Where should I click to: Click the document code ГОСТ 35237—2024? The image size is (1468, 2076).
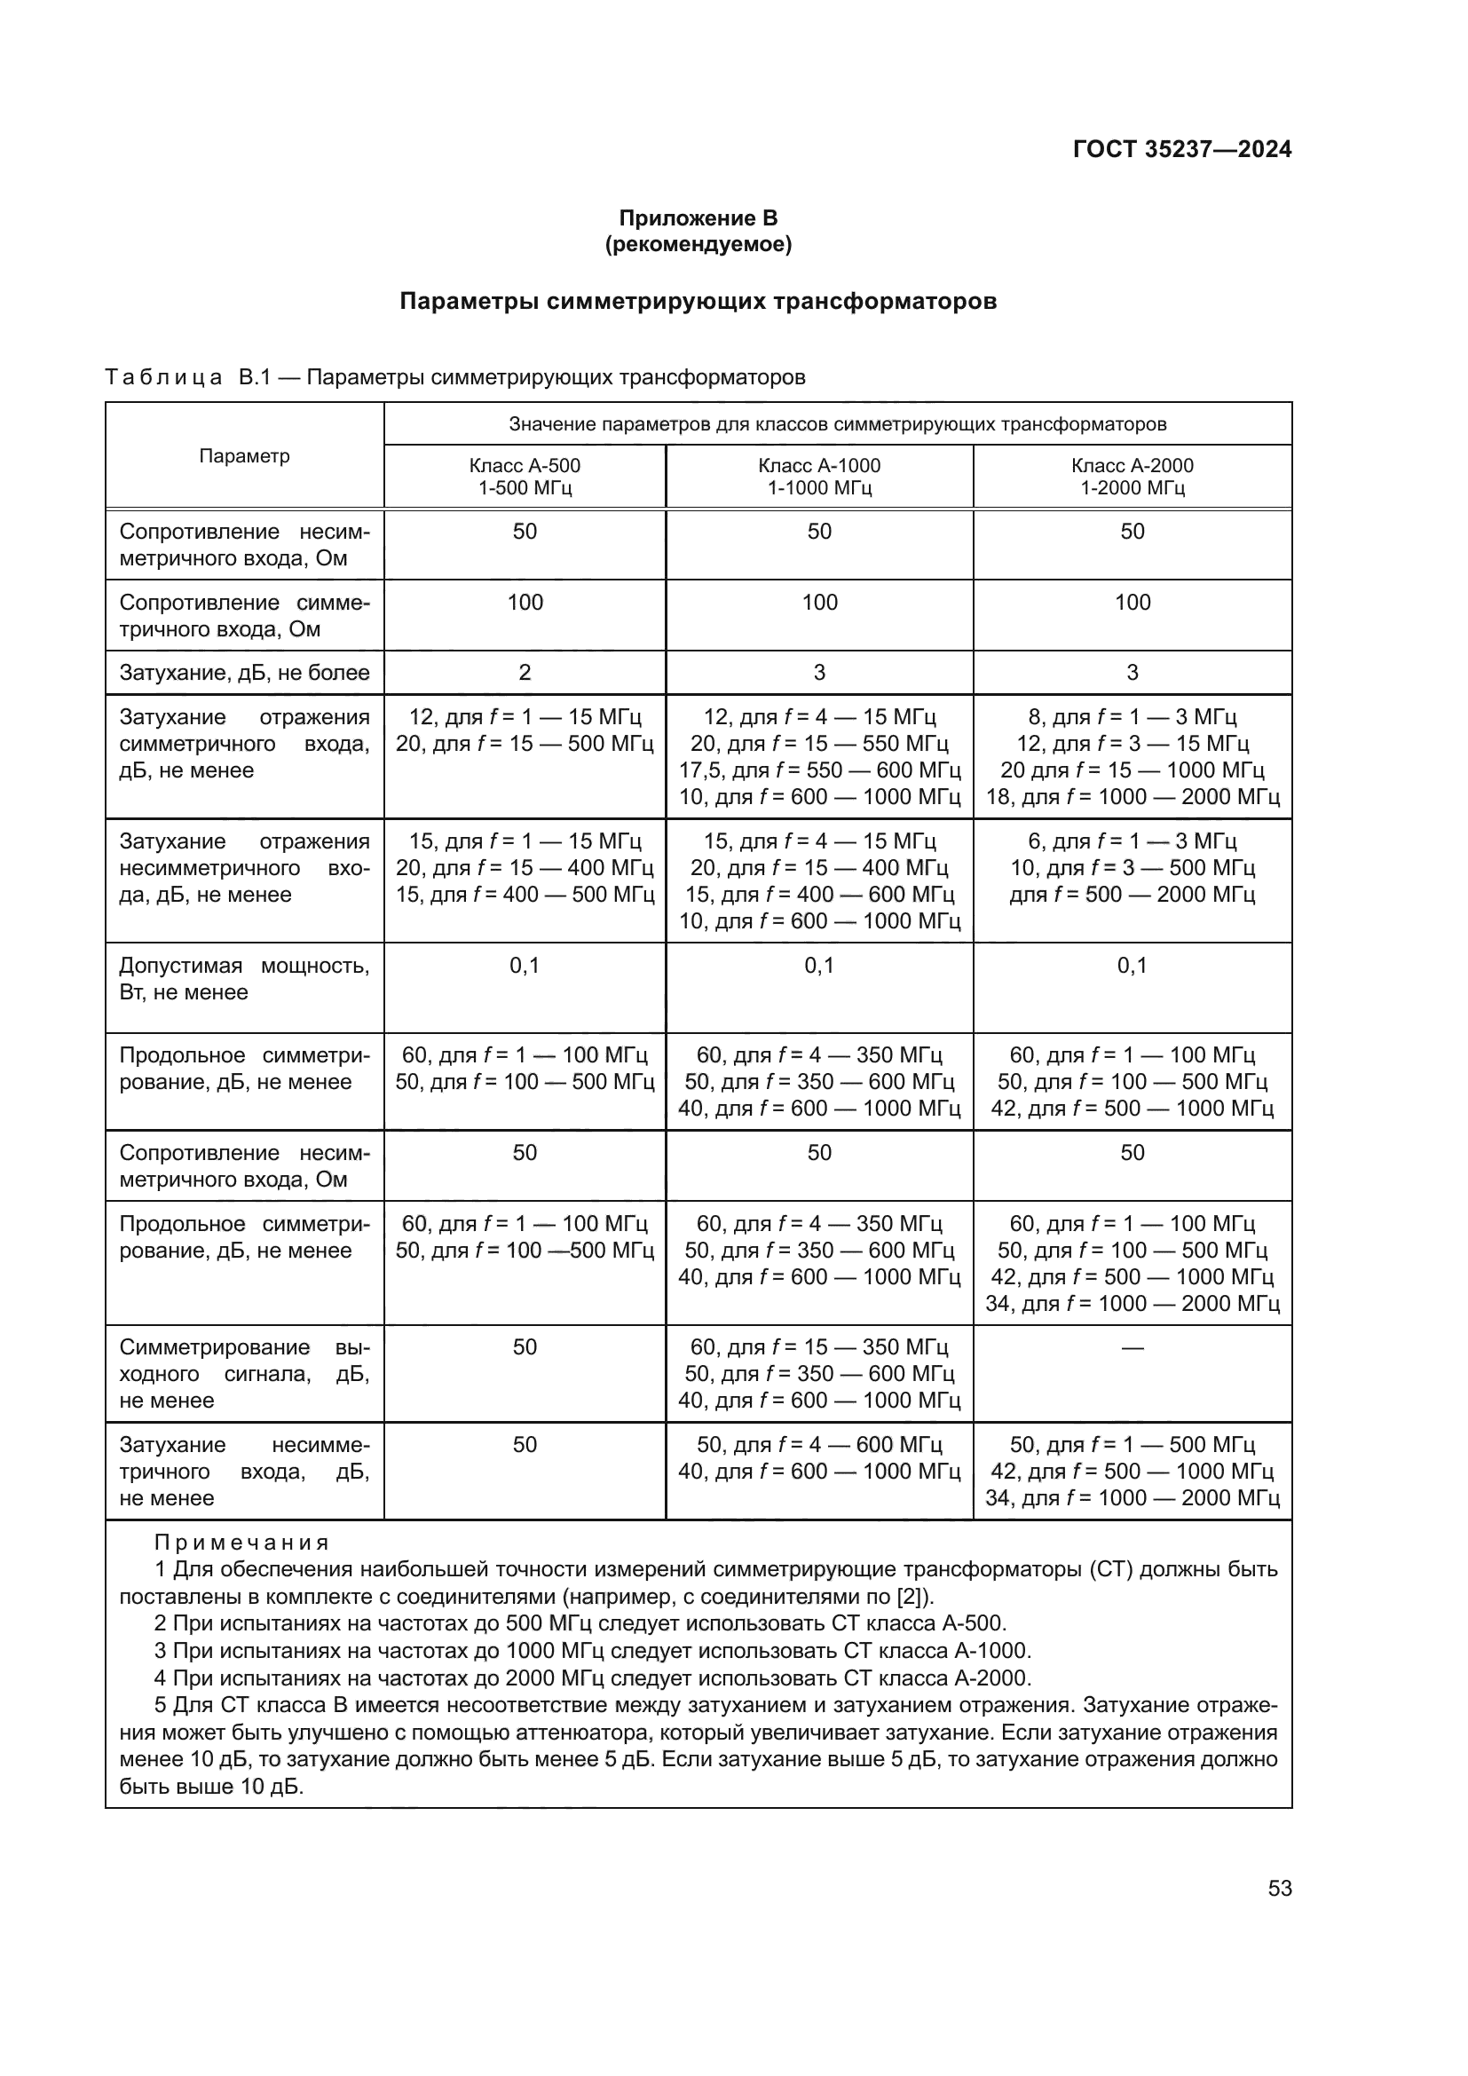1181,149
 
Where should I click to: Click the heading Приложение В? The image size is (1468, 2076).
698,218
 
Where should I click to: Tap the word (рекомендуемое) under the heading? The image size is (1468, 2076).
698,244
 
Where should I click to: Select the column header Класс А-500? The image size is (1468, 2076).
525,466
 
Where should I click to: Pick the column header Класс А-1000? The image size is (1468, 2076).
819,466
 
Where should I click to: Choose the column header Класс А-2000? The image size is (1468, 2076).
1132,466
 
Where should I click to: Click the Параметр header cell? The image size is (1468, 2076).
244,455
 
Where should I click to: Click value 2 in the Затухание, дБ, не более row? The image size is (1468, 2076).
525,673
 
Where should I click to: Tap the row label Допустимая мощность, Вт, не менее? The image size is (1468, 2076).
244,978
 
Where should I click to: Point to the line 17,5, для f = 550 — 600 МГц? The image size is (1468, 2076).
819,770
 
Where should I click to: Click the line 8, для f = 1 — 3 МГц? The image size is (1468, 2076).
1132,717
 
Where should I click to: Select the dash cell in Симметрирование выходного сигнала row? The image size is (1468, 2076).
1132,1347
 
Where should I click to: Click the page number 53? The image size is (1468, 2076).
1279,1889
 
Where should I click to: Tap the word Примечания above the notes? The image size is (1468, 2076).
241,1543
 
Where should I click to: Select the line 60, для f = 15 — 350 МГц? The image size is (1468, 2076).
819,1347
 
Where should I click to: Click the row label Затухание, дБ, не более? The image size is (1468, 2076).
244,673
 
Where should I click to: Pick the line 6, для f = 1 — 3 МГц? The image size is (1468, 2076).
1132,841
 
